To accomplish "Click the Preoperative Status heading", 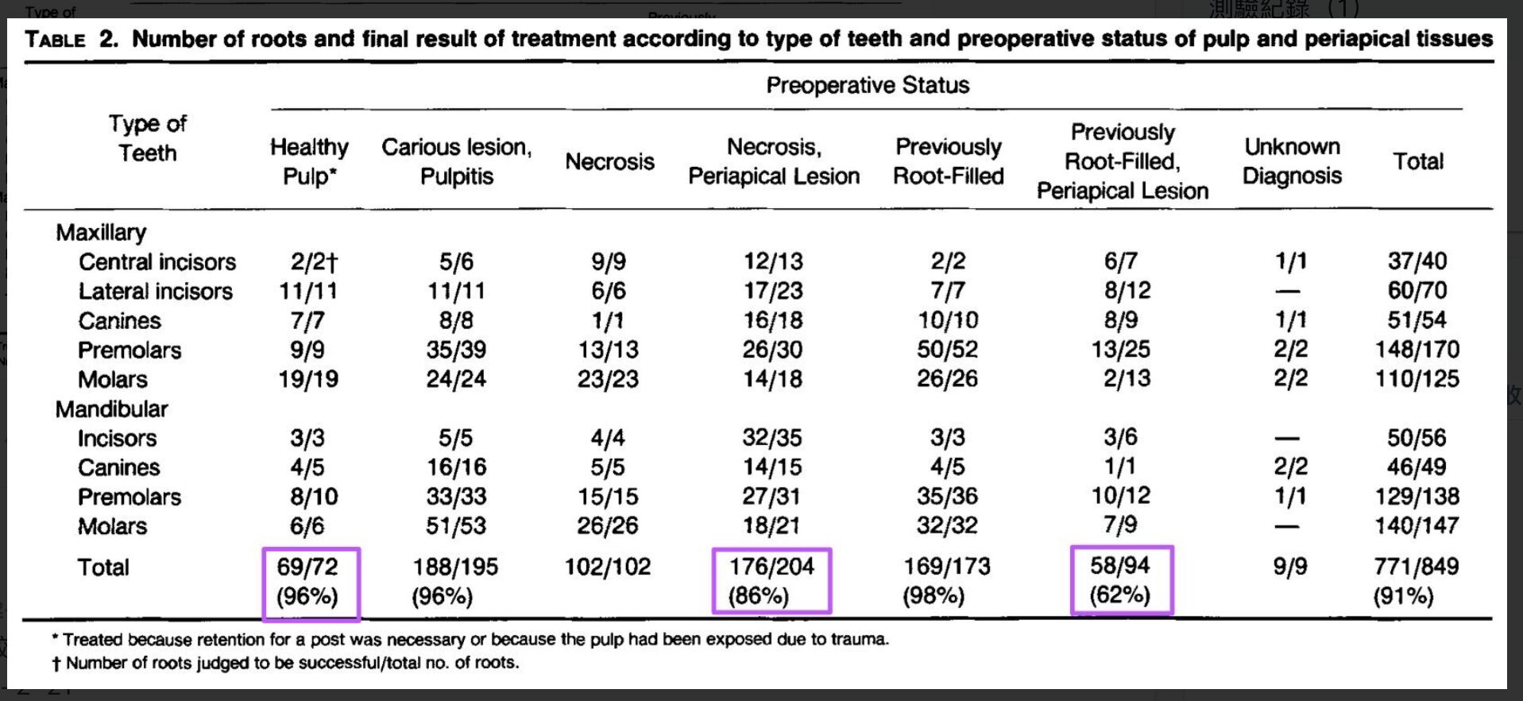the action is pyautogui.click(x=868, y=85).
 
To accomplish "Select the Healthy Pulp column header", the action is pyautogui.click(x=309, y=161).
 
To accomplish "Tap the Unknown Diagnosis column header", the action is pyautogui.click(x=1292, y=161).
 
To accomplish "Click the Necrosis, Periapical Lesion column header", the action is pyautogui.click(x=774, y=161).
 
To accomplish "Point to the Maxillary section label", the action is pyautogui.click(x=101, y=232).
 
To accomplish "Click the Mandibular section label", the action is pyautogui.click(x=112, y=409).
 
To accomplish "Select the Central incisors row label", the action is pyautogui.click(x=157, y=261).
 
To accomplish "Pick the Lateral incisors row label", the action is pyautogui.click(x=156, y=291).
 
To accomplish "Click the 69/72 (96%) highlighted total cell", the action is pyautogui.click(x=311, y=582).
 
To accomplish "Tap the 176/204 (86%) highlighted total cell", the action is pyautogui.click(x=771, y=581).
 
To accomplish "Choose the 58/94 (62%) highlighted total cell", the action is pyautogui.click(x=1121, y=580).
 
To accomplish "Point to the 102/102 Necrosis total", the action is pyautogui.click(x=608, y=567).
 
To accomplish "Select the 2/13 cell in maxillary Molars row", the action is pyautogui.click(x=1127, y=378).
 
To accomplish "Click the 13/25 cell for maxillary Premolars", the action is pyautogui.click(x=1121, y=349).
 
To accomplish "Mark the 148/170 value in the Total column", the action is pyautogui.click(x=1417, y=349).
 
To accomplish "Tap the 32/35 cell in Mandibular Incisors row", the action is pyautogui.click(x=772, y=438).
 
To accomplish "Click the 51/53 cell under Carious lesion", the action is pyautogui.click(x=456, y=525).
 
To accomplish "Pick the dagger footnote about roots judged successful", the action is pyautogui.click(x=285, y=663).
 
